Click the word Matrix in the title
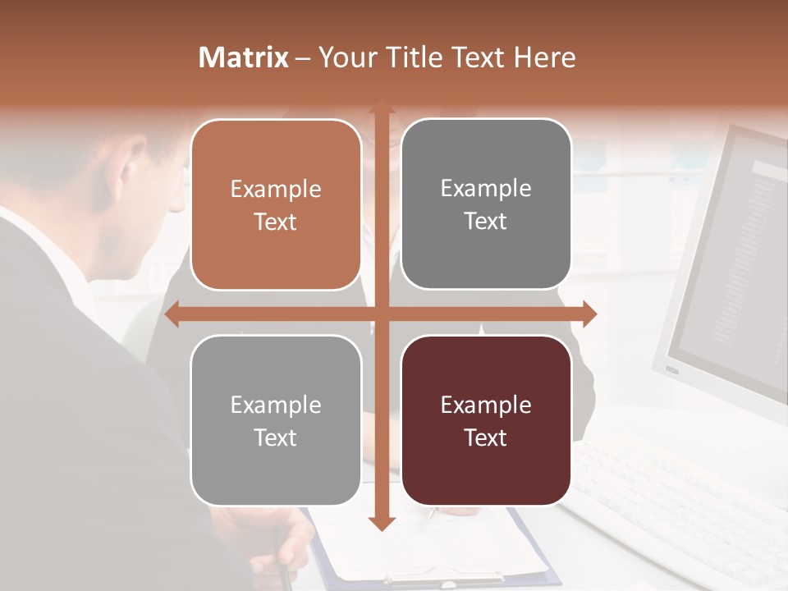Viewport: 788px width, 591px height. click(244, 57)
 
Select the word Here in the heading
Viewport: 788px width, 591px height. click(544, 57)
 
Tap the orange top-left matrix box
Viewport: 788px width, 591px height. click(276, 204)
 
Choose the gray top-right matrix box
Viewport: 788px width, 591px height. click(486, 204)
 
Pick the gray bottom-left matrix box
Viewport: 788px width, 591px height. click(276, 420)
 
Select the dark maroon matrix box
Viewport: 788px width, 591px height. click(486, 420)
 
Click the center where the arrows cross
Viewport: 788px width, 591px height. click(381, 314)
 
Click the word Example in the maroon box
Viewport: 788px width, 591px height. click(486, 405)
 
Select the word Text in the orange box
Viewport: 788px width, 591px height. click(276, 222)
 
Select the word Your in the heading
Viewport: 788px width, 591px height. click(345, 57)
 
